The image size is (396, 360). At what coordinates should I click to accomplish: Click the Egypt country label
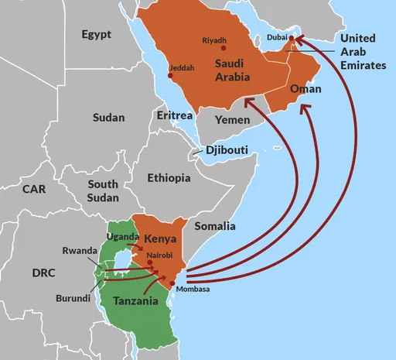tap(96, 35)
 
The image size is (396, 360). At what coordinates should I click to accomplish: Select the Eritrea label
tap(174, 115)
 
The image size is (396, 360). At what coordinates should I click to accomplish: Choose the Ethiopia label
tap(169, 178)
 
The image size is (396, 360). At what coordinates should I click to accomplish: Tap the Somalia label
tap(215, 226)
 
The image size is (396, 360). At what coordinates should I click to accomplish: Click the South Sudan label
tap(103, 191)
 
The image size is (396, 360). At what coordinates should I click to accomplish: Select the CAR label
tap(34, 189)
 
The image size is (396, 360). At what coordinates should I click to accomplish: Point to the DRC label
tap(43, 273)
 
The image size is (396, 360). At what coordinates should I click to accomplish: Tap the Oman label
tap(305, 90)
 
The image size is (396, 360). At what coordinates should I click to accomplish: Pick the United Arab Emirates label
tap(363, 52)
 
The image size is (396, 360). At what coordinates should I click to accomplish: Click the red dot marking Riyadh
tap(224, 49)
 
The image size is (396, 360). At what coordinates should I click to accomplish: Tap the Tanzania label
tap(136, 300)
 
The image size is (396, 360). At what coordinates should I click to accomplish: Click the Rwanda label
tap(80, 250)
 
